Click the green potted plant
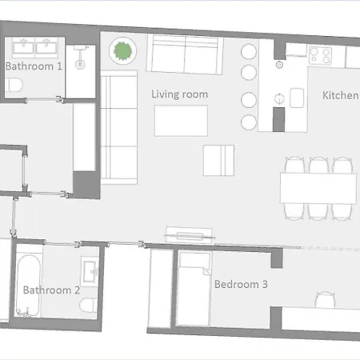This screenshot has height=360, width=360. pos(122,50)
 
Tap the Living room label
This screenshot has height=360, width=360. pos(179,94)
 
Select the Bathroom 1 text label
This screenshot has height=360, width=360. pos(34,66)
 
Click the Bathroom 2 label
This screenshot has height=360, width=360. pos(51,290)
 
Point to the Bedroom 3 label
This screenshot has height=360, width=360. pos(241,284)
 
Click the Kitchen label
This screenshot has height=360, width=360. pos(341,95)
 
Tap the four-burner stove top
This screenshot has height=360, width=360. pos(320,56)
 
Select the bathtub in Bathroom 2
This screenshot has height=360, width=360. pos(28,286)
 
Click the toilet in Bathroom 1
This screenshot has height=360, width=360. pos(14,85)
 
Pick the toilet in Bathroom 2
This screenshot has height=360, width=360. pos(89,306)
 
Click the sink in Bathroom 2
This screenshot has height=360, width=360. pos(90,271)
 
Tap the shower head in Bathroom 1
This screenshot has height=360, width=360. pos(80,64)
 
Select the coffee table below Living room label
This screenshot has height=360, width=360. pos(181,121)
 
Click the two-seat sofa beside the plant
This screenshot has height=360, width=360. pos(185,54)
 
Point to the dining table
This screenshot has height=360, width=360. pos(318,189)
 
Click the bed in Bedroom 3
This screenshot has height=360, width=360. pos(194,289)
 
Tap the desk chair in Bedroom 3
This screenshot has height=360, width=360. pos(325,300)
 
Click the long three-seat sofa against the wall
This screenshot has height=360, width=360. pos(119,127)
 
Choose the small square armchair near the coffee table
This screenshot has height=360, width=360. pos(218,161)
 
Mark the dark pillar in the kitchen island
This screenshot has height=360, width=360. pos(278,119)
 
